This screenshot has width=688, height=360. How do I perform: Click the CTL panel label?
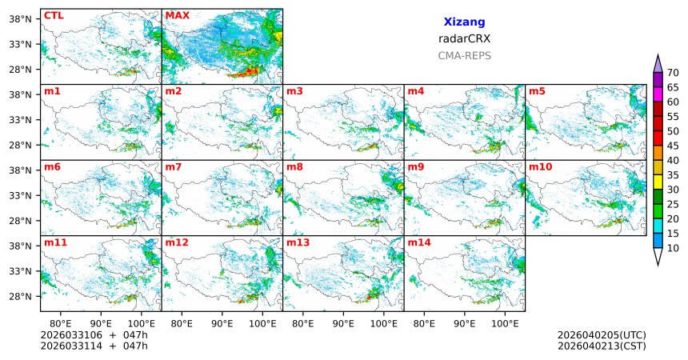54,15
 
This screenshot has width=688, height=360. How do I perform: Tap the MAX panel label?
177,15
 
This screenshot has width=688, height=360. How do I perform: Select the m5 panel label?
537,91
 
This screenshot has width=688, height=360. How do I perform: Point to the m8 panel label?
294,166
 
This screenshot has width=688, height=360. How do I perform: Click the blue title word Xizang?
464,22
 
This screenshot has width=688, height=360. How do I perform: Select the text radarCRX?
464,38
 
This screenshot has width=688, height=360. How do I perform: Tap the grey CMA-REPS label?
464,56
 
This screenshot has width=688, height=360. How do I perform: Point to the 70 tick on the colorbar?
673,73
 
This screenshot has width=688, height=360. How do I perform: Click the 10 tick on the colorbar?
673,249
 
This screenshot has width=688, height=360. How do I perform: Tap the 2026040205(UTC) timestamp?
602,334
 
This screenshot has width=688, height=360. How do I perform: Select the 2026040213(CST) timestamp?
602,346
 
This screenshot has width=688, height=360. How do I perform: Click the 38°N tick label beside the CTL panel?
24,18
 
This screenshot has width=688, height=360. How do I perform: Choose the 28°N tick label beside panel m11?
24,296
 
